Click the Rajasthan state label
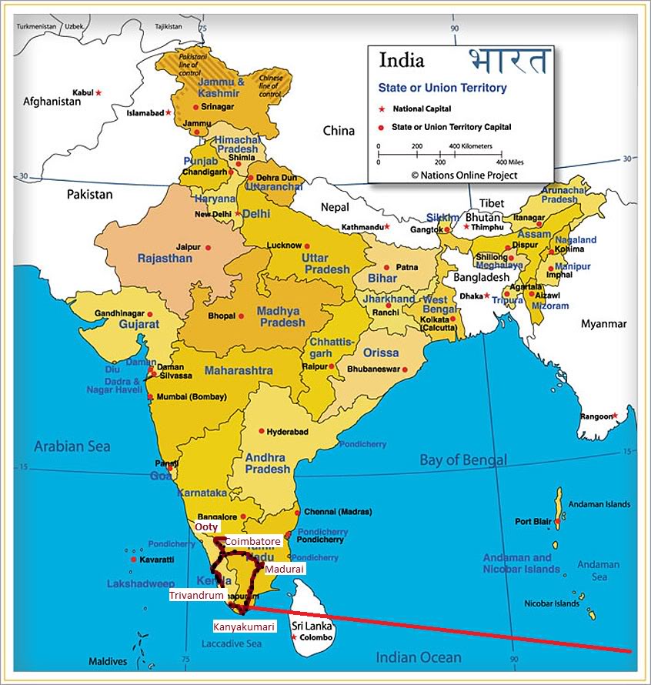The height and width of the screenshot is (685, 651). tap(165, 259)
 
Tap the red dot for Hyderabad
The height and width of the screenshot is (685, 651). tap(262, 431)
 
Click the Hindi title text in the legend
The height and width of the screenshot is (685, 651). tap(509, 62)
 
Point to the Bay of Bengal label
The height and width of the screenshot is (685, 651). tap(462, 460)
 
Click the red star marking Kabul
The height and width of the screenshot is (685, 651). tap(98, 92)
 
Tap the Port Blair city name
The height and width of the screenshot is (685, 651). tap(533, 521)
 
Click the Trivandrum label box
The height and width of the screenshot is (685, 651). tap(197, 595)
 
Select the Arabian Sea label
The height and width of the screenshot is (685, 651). tap(72, 446)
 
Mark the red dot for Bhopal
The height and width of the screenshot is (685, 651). tap(242, 316)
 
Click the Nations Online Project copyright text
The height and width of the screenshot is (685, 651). tap(464, 175)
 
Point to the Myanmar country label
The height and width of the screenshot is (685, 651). tap(604, 323)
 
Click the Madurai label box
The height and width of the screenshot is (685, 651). tap(284, 569)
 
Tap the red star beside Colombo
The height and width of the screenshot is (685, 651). tap(294, 637)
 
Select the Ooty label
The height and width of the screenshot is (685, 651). tap(205, 527)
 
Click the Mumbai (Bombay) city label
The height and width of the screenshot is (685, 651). tap(192, 397)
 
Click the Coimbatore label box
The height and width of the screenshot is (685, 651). tap(252, 542)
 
